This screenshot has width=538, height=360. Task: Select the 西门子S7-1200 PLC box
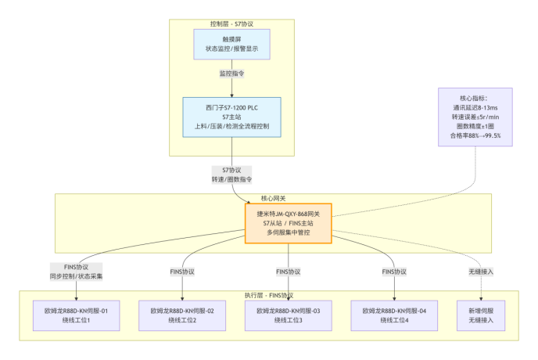[x=231, y=116]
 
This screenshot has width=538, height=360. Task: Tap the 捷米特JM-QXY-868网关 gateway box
[x=288, y=223]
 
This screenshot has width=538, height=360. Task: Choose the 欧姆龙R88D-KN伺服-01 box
[x=77, y=316]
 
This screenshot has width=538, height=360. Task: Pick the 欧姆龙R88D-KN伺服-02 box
[x=182, y=316]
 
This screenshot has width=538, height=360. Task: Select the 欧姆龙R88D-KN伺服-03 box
[x=289, y=316]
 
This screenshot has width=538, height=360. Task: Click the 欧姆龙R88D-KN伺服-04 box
[x=394, y=316]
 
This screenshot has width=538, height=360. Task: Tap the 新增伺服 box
[x=481, y=316]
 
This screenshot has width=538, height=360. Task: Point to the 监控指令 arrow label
[x=231, y=73]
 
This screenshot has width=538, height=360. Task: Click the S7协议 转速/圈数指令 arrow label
[x=231, y=174]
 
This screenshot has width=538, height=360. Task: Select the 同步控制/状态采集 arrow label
[x=77, y=275]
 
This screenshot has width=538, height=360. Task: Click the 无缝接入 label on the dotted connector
[x=481, y=271]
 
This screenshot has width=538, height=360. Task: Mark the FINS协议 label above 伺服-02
[x=182, y=271]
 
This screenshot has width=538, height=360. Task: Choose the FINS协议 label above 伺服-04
[x=394, y=271]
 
